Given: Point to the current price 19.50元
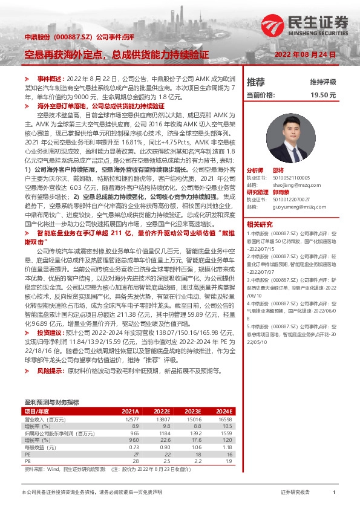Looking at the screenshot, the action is (x=323, y=95).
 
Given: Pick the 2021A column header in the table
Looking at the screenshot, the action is (x=130, y=410).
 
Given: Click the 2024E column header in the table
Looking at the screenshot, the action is (x=224, y=410).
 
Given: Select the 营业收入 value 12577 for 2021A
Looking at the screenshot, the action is (x=131, y=419).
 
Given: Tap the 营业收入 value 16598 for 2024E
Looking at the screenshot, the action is (x=224, y=419).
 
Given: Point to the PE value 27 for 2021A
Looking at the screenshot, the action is (x=136, y=454).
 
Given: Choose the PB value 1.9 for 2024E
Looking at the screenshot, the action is (x=227, y=461).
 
